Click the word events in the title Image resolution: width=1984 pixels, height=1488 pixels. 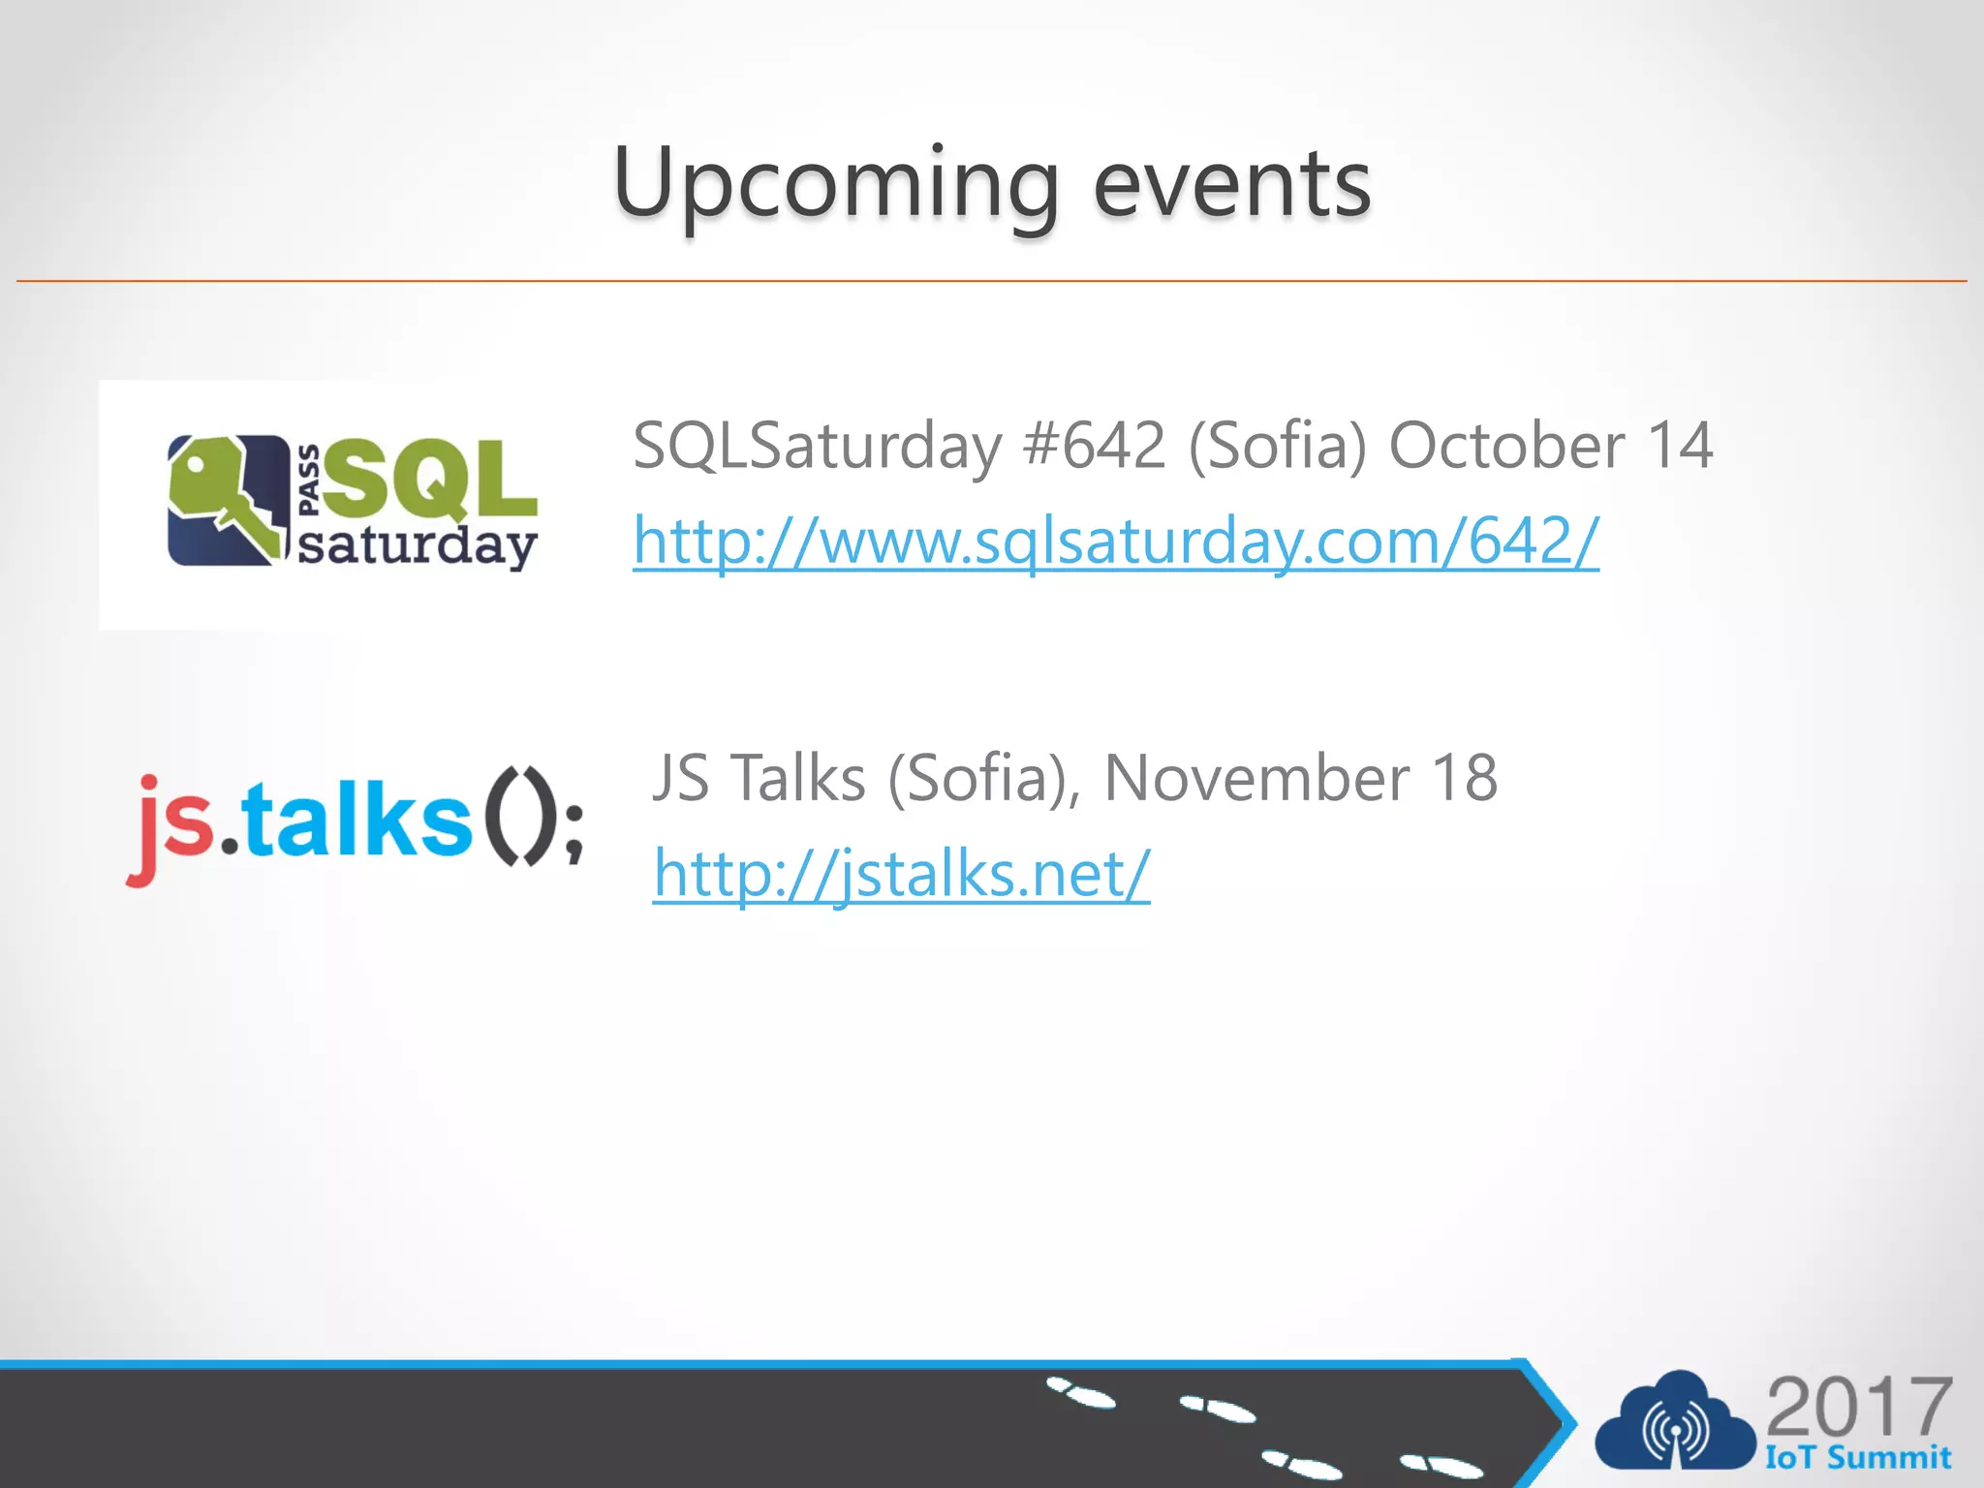(1231, 184)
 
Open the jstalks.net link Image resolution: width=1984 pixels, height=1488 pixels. (901, 873)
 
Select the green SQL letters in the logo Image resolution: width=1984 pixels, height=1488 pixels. (431, 480)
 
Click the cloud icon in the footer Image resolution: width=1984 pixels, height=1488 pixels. (1675, 1423)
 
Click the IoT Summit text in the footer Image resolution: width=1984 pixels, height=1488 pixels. (1857, 1458)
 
